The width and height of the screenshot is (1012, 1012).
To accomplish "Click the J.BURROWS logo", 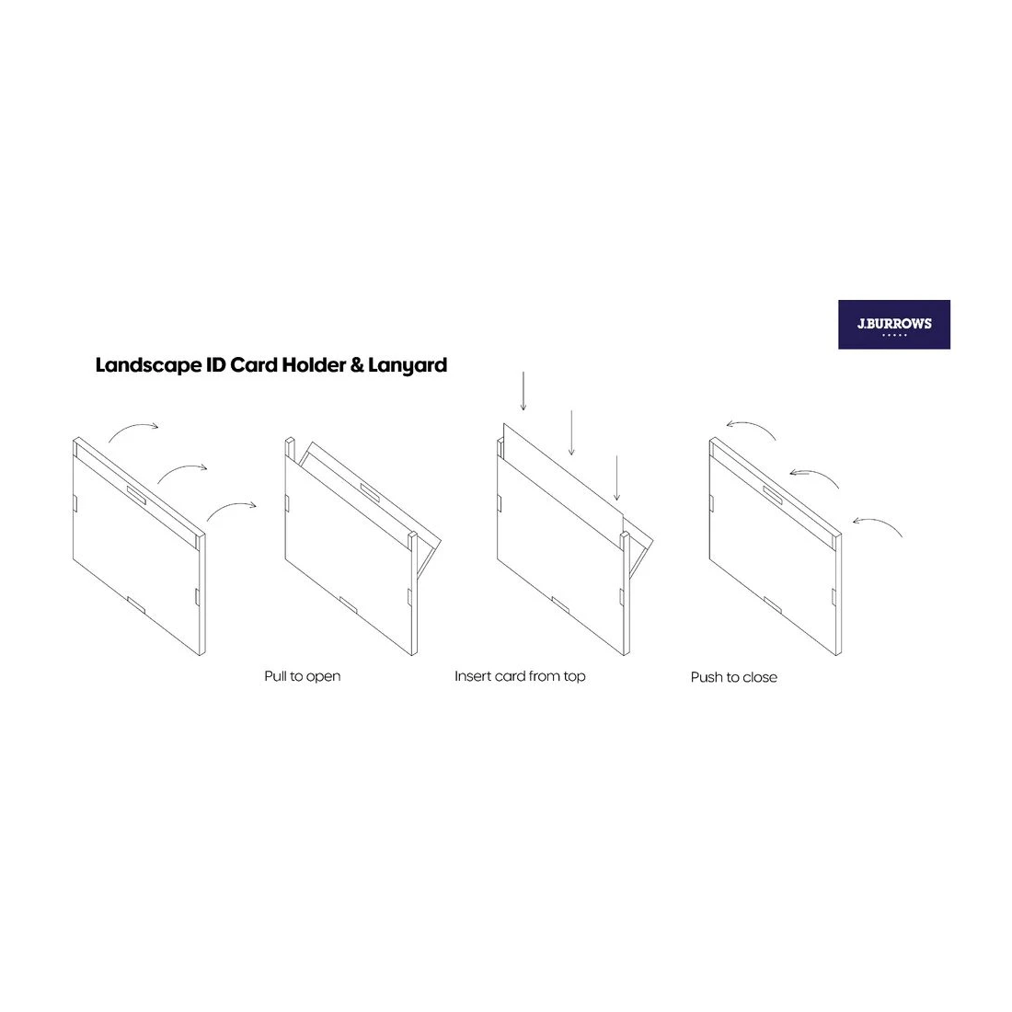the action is click(894, 325).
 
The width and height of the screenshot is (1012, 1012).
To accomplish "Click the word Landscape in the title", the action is click(148, 366).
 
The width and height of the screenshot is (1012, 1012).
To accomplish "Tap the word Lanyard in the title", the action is click(408, 366).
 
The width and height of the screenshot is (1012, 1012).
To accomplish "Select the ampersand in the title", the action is click(357, 365).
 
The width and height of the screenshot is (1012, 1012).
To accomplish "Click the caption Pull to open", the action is click(302, 677).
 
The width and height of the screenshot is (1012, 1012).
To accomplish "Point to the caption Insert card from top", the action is click(520, 676).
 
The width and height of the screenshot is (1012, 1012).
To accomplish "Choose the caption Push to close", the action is click(734, 678).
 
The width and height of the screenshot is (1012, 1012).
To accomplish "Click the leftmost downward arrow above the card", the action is click(523, 391).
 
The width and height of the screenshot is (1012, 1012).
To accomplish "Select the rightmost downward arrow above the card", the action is click(617, 477).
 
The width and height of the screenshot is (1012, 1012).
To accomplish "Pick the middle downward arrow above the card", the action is click(571, 432).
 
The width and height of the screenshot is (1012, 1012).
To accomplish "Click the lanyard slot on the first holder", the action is click(136, 495).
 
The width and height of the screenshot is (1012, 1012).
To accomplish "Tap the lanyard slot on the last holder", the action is click(773, 495).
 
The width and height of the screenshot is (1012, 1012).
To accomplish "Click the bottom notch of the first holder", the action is click(136, 604).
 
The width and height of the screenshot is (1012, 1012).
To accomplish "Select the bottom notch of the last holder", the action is click(773, 604).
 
